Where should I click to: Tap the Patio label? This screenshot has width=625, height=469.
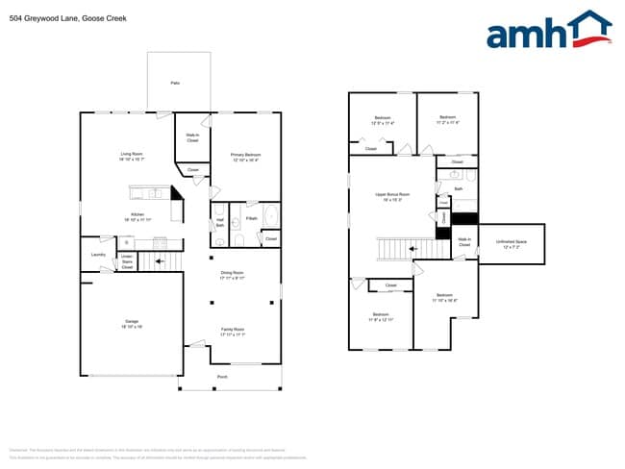(x=175, y=84)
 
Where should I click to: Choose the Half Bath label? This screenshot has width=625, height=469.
(x=220, y=223)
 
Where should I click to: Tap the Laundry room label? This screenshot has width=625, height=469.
(x=98, y=254)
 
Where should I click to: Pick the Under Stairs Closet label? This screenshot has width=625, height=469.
(x=127, y=260)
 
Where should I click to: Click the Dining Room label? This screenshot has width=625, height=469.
(x=233, y=273)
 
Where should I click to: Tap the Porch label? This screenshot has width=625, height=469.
(x=222, y=376)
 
